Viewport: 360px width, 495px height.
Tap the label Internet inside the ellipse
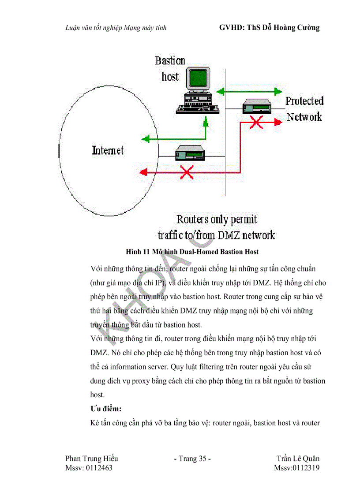(x=108, y=151)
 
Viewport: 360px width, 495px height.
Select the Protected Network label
(x=304, y=109)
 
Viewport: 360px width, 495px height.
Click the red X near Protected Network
(x=255, y=123)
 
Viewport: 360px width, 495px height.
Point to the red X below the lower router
(x=187, y=171)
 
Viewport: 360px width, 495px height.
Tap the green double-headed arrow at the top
(x=249, y=92)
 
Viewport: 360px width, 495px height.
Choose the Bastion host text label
(x=170, y=68)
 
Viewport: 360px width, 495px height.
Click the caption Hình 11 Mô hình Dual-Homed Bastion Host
(x=192, y=252)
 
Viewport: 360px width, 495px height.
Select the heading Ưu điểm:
(x=106, y=409)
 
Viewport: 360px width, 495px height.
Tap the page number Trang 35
(x=192, y=459)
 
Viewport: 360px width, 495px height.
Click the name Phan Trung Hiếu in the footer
(x=91, y=459)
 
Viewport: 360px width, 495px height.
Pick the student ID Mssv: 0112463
(x=89, y=468)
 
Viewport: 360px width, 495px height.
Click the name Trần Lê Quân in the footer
(x=298, y=459)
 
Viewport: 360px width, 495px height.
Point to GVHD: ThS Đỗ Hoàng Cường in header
(x=269, y=28)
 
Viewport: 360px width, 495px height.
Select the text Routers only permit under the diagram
(x=217, y=219)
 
